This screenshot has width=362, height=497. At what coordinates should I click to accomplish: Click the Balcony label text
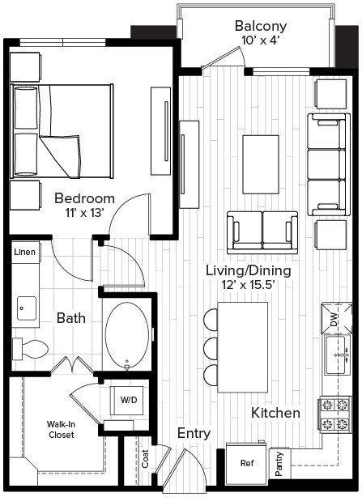[261, 26]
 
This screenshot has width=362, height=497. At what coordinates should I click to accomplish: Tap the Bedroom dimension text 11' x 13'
[84, 214]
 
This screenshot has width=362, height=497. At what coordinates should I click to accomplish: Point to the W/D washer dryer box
[129, 401]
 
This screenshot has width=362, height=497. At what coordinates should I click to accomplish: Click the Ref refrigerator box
[246, 464]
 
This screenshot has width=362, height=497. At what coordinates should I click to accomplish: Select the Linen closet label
[24, 253]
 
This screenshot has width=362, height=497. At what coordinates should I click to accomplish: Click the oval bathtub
[127, 336]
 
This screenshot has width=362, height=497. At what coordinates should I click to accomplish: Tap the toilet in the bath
[32, 349]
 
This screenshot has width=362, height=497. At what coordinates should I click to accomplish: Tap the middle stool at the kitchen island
[211, 347]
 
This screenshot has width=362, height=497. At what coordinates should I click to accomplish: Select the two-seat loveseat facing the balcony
[261, 232]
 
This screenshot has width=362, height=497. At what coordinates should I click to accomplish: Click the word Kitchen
[275, 413]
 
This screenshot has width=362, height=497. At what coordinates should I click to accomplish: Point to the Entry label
[194, 434]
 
